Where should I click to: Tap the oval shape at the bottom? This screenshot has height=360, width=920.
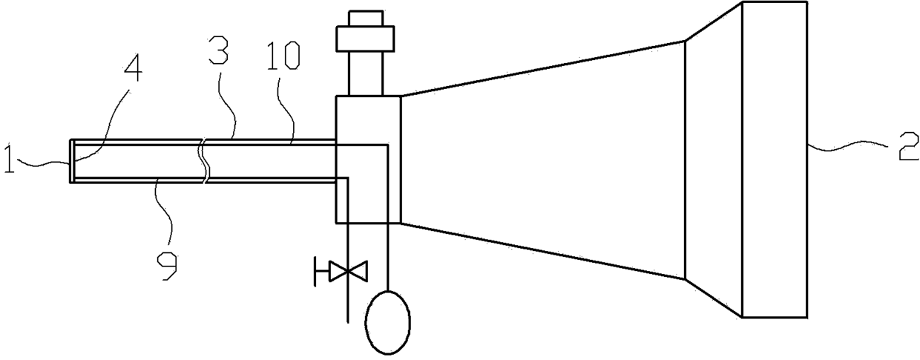coord(387,319)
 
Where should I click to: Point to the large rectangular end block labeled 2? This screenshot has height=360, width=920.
coord(775,160)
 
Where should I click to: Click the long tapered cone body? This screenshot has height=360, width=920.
coord(542,160)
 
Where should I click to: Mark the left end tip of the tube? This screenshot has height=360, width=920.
coord(72,160)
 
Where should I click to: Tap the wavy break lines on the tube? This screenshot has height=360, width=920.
coord(205,160)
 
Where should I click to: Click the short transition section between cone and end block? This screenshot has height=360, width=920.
coord(712,160)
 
